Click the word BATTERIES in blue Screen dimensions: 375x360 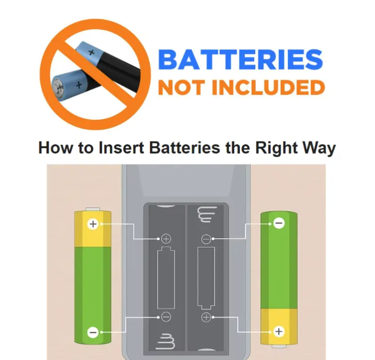click(x=240, y=59)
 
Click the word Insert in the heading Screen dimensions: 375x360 click(x=121, y=148)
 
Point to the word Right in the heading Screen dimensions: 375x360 click(x=276, y=148)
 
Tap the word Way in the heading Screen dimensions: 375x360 click(x=319, y=148)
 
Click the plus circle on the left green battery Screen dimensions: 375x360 click(x=93, y=224)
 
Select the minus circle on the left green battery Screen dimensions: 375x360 click(x=93, y=332)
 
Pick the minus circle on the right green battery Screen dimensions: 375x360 click(x=279, y=223)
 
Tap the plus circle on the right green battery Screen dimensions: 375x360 click(x=279, y=332)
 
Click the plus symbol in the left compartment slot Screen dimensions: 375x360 click(x=166, y=238)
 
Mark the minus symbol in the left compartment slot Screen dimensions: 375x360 click(x=166, y=317)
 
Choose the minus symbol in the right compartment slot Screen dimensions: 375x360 click(x=206, y=239)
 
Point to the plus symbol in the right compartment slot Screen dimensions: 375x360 click(x=206, y=317)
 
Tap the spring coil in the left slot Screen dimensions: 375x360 click(x=167, y=341)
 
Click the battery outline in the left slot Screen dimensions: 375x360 click(x=158, y=278)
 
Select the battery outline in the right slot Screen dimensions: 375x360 click(x=198, y=278)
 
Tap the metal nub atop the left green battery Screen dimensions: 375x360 click(x=93, y=209)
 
